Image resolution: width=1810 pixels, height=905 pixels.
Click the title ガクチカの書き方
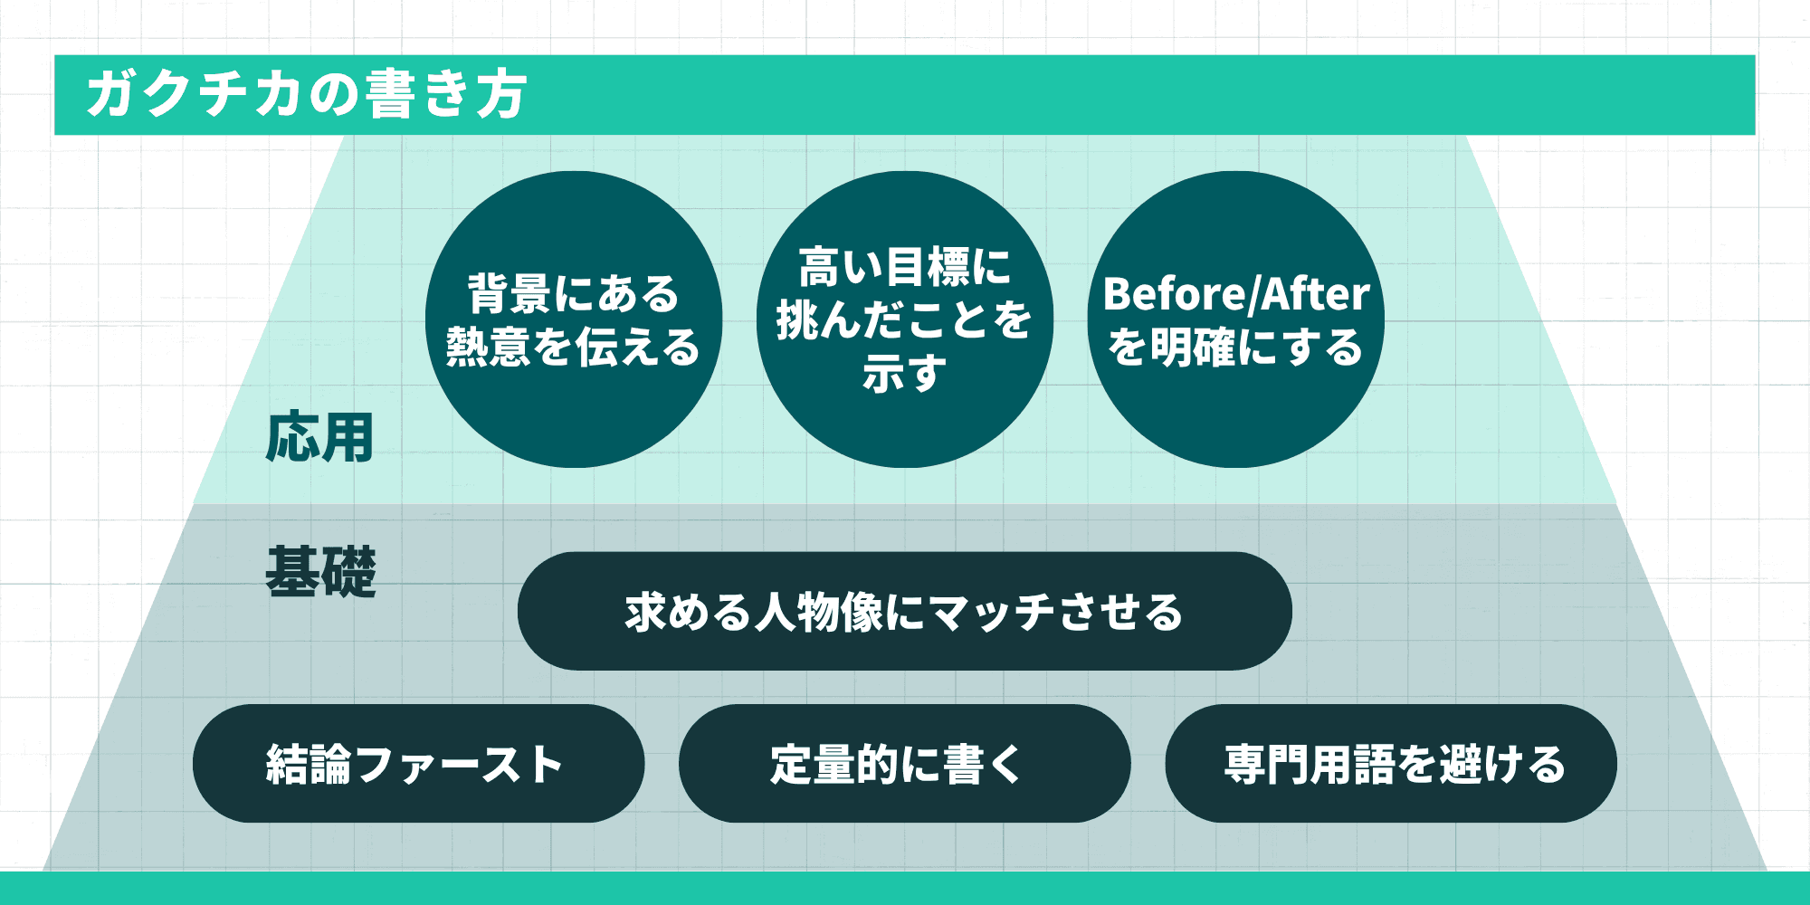click(x=306, y=94)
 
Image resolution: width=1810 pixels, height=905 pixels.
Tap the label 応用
click(x=319, y=438)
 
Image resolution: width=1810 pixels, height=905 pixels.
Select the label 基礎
click(x=320, y=572)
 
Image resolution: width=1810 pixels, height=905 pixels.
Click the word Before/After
click(x=1236, y=295)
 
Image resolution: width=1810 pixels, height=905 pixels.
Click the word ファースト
click(x=460, y=765)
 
